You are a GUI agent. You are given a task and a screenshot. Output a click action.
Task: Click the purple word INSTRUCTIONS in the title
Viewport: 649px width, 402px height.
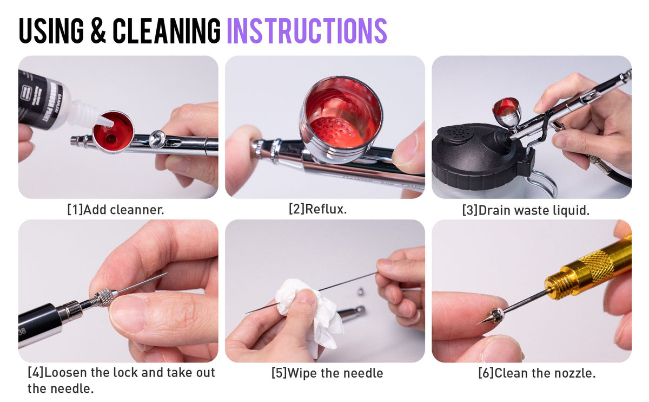point(306,31)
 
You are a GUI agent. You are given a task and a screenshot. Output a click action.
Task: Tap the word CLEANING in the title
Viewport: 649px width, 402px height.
point(167,31)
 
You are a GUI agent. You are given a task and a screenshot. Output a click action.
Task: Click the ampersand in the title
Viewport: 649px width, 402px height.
point(98,31)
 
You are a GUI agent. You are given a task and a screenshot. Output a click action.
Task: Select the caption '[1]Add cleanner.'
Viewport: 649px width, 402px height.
point(115,210)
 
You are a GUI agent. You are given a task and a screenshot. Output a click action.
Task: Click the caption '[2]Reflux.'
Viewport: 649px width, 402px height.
point(317,209)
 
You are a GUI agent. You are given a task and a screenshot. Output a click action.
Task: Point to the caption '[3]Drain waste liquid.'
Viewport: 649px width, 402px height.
point(526,210)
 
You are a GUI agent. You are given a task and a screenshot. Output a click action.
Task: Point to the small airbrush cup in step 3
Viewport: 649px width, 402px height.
point(507,112)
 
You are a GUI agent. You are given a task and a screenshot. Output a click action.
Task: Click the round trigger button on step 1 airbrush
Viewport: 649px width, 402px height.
point(157,138)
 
